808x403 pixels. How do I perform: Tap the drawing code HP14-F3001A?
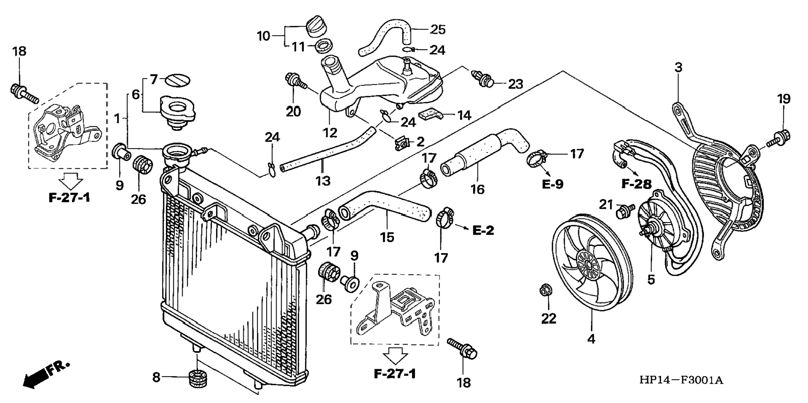(x=681, y=380)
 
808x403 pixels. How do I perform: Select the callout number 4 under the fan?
(x=591, y=339)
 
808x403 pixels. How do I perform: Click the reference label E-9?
(x=552, y=184)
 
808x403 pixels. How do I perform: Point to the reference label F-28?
(x=636, y=184)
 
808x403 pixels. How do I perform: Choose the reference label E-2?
(x=483, y=230)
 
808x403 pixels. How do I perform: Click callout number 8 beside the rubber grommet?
(x=156, y=378)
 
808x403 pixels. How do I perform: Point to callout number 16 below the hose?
(x=477, y=189)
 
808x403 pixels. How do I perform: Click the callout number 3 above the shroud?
(x=678, y=67)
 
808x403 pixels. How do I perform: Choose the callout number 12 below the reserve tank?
(x=330, y=133)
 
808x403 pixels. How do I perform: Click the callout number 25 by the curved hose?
(x=438, y=30)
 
